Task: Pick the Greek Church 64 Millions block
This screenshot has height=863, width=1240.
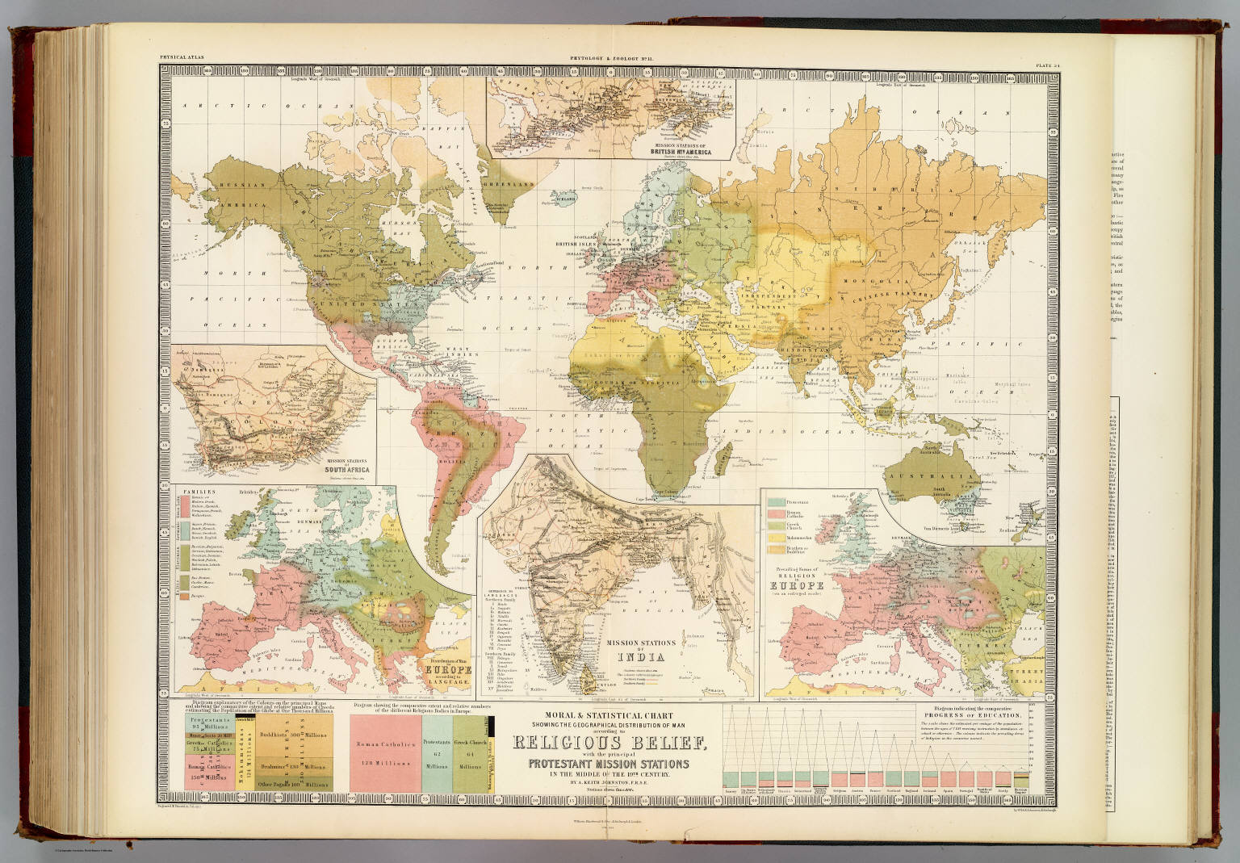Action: [468, 751]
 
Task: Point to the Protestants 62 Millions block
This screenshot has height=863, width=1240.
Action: [437, 751]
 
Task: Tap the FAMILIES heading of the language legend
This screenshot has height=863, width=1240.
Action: [191, 490]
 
